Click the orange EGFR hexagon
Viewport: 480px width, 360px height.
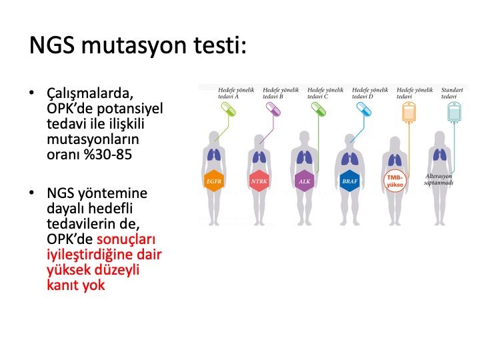click(x=214, y=181)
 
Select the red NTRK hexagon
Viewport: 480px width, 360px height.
click(x=259, y=181)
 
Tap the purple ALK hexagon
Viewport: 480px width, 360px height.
click(x=304, y=181)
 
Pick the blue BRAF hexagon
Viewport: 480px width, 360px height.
click(x=349, y=181)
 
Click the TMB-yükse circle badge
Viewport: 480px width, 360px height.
click(x=395, y=181)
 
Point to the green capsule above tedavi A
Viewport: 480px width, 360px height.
click(x=229, y=109)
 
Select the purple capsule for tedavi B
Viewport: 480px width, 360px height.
click(x=273, y=109)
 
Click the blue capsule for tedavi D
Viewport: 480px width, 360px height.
click(x=364, y=109)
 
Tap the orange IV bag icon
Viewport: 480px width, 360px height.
click(x=409, y=113)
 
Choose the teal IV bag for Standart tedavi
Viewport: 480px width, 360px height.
click(x=454, y=113)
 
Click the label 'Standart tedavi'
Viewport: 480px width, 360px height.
click(x=452, y=93)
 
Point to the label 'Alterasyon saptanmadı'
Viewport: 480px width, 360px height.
click(x=439, y=179)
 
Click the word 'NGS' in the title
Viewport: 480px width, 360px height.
click(x=52, y=45)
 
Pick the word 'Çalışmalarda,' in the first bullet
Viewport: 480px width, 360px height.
click(x=90, y=94)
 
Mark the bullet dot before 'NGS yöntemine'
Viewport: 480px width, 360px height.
click(x=31, y=193)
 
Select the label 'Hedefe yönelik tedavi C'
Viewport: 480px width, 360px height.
click(x=325, y=93)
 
